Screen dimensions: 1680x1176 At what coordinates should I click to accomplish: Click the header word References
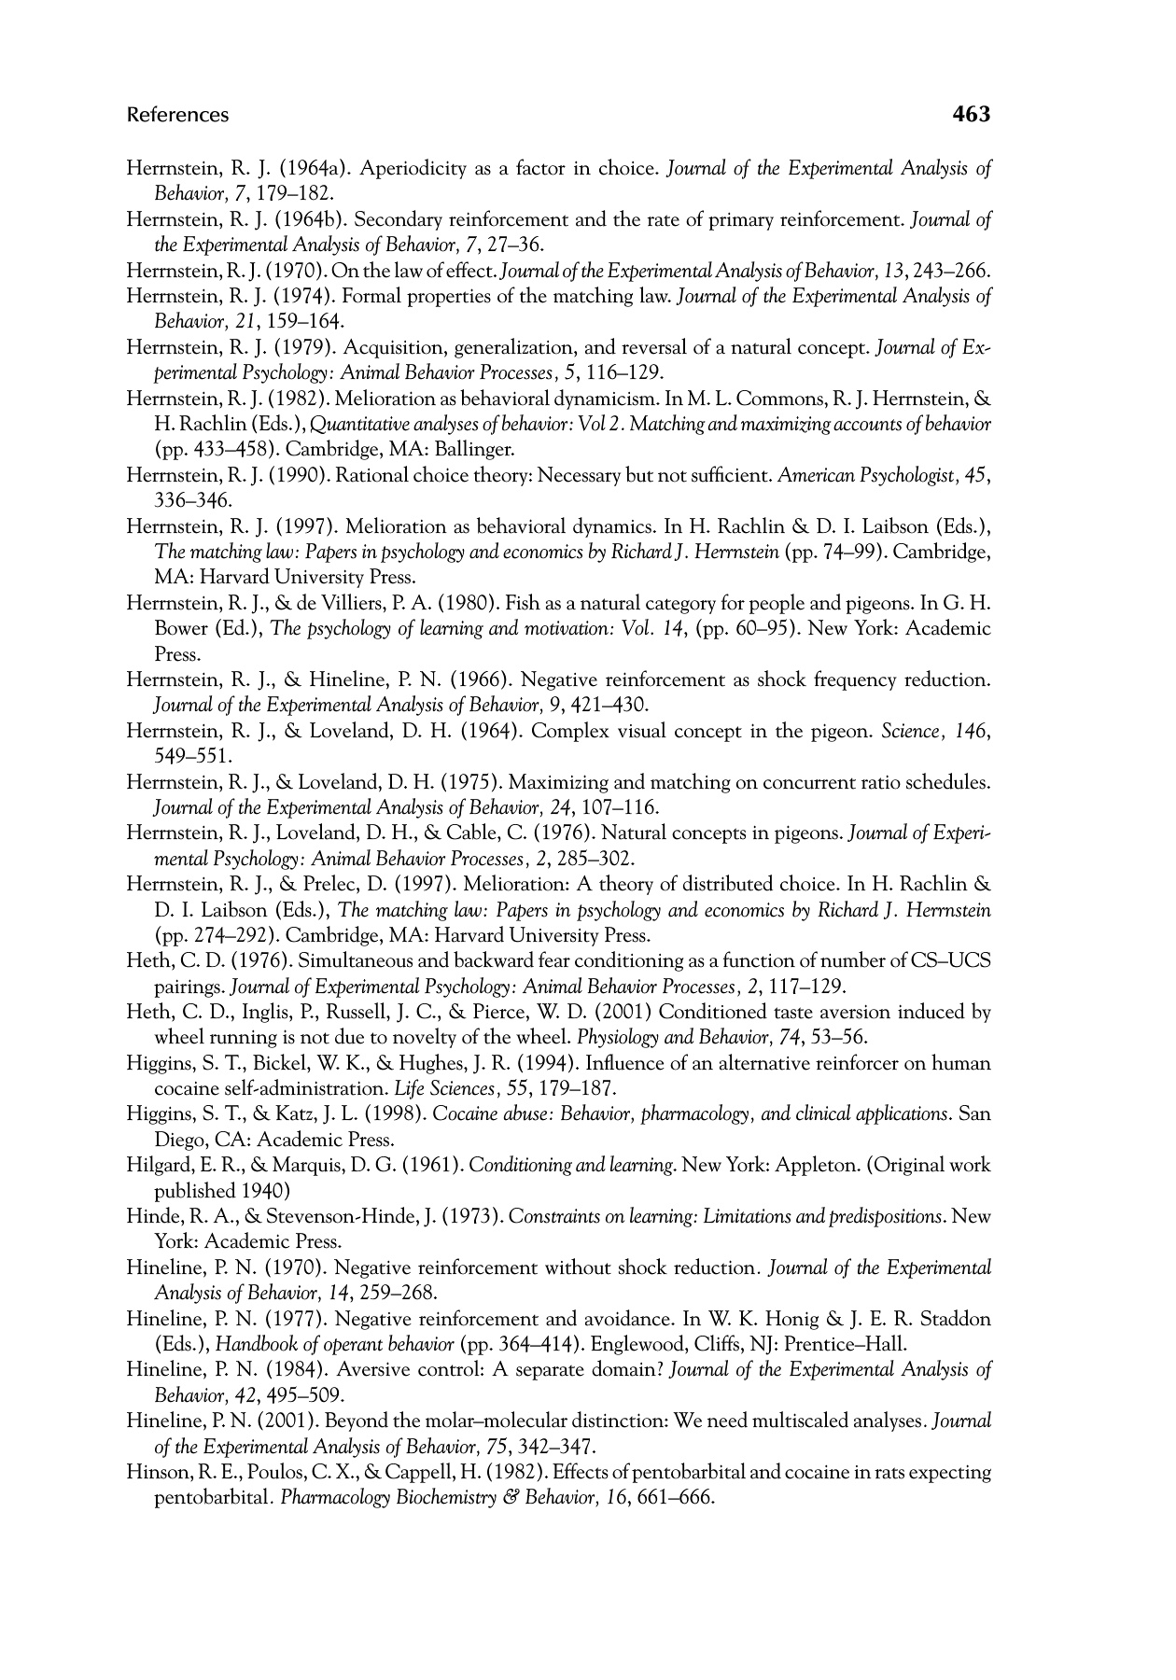(177, 115)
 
